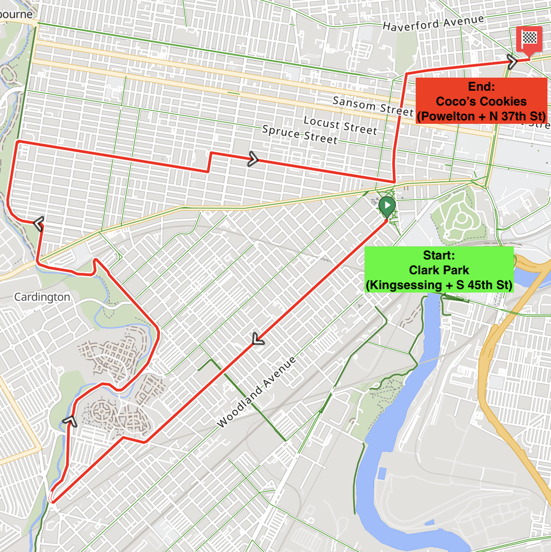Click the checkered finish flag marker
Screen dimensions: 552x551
point(529,39)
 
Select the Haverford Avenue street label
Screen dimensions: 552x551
point(433,23)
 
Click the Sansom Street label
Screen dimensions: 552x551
point(373,106)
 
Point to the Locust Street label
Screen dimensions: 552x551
point(340,125)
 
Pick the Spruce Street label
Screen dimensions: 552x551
point(299,134)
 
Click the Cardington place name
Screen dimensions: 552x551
point(42,297)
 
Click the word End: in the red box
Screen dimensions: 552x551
point(481,86)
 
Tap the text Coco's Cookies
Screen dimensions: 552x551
point(481,101)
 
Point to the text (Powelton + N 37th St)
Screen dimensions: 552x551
point(481,116)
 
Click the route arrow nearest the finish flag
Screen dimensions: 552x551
point(512,61)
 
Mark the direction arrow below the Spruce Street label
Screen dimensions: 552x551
point(253,159)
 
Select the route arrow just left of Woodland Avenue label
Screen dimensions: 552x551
point(258,340)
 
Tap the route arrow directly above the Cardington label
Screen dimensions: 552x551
point(39,224)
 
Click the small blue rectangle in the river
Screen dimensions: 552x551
point(382,474)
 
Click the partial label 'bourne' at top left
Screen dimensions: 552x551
point(17,14)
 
